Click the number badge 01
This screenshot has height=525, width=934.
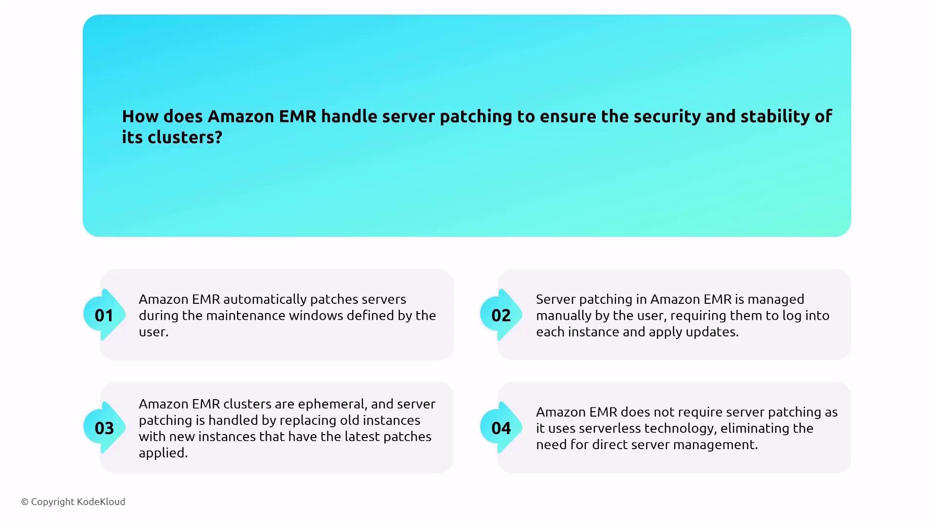click(x=104, y=315)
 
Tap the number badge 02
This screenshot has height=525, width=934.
click(x=501, y=315)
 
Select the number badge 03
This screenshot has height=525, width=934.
click(x=104, y=428)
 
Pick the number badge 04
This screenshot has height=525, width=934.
click(x=501, y=428)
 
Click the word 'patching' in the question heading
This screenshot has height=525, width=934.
click(x=476, y=117)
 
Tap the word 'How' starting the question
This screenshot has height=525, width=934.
click(x=140, y=116)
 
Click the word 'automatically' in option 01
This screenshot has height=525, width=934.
click(x=265, y=299)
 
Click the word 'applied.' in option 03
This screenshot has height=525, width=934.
click(x=163, y=453)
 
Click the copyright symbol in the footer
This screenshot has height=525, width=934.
click(x=25, y=502)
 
